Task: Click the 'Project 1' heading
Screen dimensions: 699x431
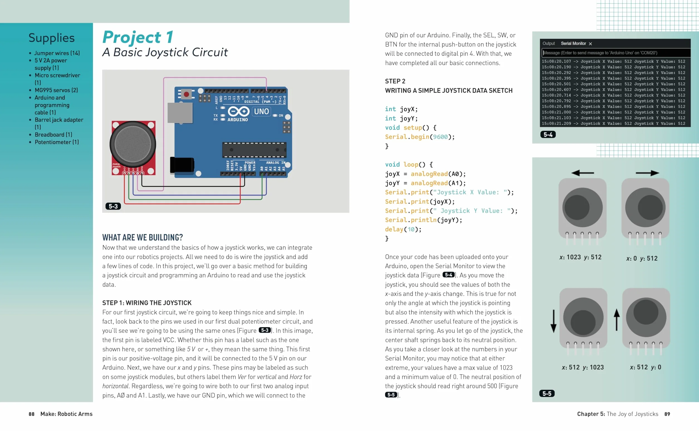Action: [x=138, y=37]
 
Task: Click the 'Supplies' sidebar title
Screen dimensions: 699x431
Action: [x=52, y=38]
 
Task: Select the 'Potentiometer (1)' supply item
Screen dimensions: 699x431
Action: [x=57, y=142]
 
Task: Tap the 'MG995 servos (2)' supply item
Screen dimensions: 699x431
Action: [x=56, y=90]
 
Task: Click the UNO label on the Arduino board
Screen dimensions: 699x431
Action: [x=261, y=111]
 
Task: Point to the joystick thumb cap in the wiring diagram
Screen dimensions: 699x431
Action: [x=133, y=144]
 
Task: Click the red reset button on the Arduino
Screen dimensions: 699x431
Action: [x=186, y=94]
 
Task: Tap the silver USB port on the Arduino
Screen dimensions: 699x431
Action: [x=180, y=113]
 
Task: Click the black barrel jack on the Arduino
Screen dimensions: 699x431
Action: [x=182, y=165]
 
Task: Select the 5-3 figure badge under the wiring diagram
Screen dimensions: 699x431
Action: [x=113, y=206]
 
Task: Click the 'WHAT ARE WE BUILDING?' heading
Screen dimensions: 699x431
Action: [x=143, y=237]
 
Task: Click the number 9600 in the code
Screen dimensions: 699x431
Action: [x=440, y=137]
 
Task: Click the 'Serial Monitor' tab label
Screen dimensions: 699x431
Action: [x=573, y=44]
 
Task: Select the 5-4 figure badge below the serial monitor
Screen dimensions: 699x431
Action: [x=548, y=135]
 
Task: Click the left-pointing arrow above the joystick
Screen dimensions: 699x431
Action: [x=583, y=173]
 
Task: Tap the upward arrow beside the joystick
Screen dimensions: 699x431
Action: [x=617, y=320]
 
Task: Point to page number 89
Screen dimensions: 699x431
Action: [x=667, y=414]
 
